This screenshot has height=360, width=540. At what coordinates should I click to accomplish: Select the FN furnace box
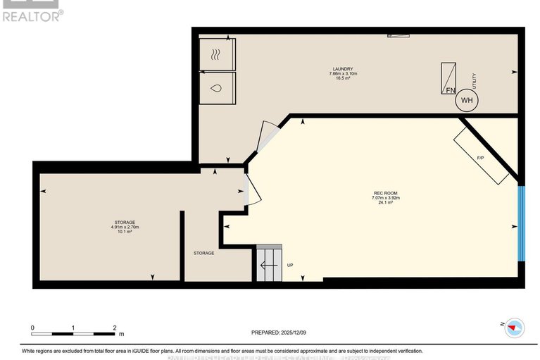pos(448,78)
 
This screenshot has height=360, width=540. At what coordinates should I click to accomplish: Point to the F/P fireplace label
pos(480,158)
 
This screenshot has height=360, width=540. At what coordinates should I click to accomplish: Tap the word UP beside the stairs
pos(290,265)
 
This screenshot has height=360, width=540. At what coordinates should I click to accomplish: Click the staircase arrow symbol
pos(268,266)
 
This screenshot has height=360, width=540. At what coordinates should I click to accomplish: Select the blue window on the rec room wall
pos(522,223)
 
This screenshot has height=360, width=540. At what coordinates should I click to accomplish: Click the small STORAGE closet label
pos(204,253)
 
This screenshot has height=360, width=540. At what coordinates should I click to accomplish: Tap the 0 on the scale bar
pos(32,328)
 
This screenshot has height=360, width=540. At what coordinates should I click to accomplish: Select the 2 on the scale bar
pos(115,328)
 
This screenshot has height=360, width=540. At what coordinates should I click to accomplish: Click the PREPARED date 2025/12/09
pos(279,333)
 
